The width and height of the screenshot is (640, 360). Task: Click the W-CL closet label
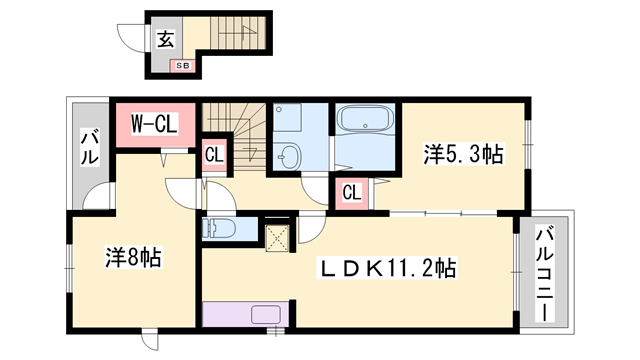[155, 124]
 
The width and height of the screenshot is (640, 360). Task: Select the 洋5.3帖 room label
[462, 154]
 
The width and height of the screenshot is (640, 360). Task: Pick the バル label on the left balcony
[88, 146]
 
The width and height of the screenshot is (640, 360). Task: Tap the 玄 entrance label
[163, 41]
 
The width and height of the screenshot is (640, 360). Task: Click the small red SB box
[182, 66]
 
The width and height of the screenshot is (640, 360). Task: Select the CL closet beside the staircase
[213, 155]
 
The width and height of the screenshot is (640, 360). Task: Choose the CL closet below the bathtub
[352, 192]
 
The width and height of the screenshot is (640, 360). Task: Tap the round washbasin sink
[290, 156]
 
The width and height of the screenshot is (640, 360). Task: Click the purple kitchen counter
[244, 315]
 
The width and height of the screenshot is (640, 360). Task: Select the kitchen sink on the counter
[266, 315]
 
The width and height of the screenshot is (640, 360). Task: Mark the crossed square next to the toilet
[276, 237]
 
